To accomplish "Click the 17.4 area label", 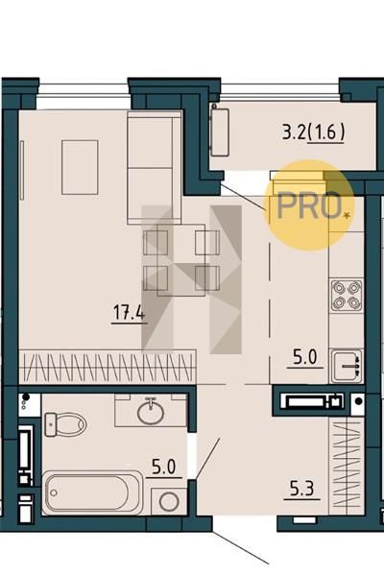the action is [129, 313].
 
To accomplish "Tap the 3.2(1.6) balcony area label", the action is [313, 132].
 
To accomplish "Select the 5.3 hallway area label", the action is [301, 490].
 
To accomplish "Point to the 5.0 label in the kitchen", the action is [304, 357].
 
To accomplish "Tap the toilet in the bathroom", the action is [64, 424].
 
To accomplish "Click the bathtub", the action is [92, 492].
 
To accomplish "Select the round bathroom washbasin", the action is [151, 412].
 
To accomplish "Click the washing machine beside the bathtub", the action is [169, 501].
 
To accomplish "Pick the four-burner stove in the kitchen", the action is [347, 295].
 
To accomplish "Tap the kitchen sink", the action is [347, 366].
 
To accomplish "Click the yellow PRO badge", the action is [309, 205].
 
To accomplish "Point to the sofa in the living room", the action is [155, 167].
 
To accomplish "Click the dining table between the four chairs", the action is [180, 260].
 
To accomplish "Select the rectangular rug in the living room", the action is [80, 167].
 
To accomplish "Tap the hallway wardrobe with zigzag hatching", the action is [347, 467].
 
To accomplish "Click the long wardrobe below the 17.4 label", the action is [108, 367].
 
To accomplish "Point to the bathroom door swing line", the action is [207, 459].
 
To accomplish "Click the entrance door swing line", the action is [240, 542].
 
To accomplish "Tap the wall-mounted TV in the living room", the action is [22, 170].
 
